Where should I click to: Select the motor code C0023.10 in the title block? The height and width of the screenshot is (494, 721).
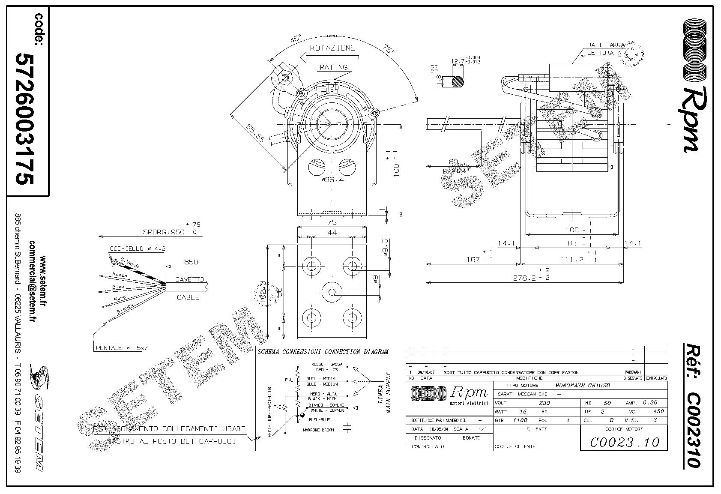pos(625,442)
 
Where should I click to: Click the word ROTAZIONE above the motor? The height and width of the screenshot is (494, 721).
pos(332,48)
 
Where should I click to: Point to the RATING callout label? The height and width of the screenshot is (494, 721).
pos(334,67)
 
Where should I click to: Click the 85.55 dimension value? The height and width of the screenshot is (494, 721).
pos(256,134)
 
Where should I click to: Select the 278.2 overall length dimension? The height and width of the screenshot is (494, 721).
pos(531,278)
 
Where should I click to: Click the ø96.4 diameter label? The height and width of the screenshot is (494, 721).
pos(332,180)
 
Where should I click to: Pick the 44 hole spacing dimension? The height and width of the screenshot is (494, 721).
pos(332,232)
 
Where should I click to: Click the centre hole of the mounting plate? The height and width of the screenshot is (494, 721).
pos(332,292)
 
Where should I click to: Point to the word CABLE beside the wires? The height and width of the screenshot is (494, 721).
pos(188,297)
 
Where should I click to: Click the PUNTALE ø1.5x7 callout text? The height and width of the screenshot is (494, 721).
pos(121,348)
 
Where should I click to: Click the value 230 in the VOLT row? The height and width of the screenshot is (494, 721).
pos(544,403)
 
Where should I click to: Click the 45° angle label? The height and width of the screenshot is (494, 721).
pos(295,39)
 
